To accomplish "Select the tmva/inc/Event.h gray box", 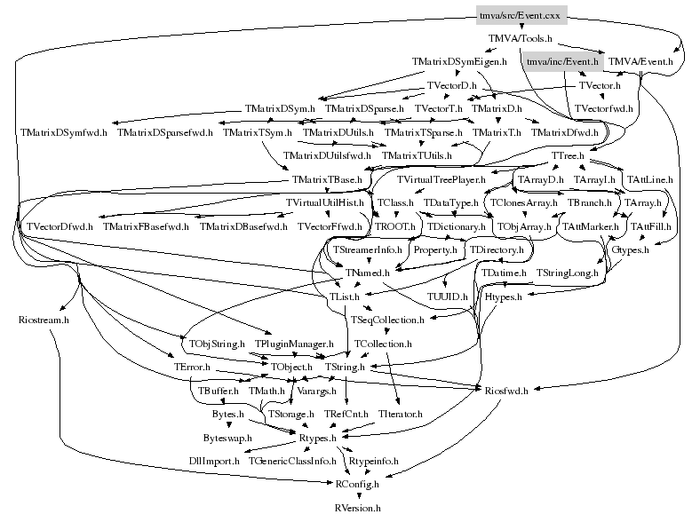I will tap(562, 62).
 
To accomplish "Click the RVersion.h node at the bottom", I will tap(357, 509).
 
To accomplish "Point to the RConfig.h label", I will tap(357, 485).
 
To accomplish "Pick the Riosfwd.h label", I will tap(507, 390).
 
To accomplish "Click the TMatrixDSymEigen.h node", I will tap(459, 62).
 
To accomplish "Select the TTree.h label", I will tap(568, 156).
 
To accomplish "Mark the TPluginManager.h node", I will tap(293, 343).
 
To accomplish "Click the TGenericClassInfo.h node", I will tap(292, 462).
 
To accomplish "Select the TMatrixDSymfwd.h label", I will tap(63, 132).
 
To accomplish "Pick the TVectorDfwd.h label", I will tap(60, 227).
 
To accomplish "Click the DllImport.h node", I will tap(214, 462).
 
